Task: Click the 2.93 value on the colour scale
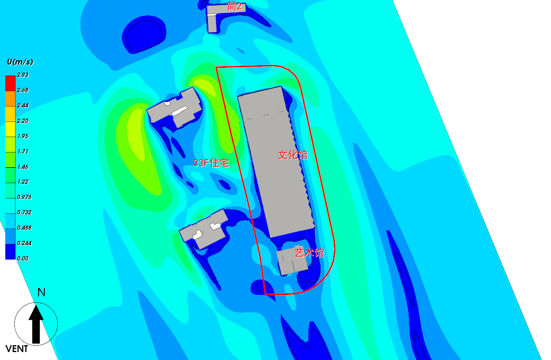[23, 75]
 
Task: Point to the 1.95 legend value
[23, 136]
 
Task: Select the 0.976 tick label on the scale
[24, 197]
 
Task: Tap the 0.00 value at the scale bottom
[23, 258]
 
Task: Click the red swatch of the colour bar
[10, 83]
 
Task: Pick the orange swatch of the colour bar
[10, 98]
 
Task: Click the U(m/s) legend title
[20, 62]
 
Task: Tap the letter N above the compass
[41, 292]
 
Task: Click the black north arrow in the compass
[36, 324]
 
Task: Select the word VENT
[17, 349]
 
